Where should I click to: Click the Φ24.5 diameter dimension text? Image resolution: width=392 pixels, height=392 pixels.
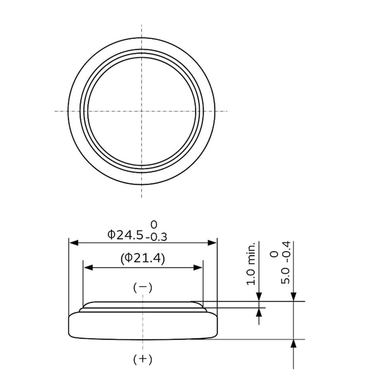[125, 235]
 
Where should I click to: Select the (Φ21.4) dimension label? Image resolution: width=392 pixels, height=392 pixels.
[143, 258]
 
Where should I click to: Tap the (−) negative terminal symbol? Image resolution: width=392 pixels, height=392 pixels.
[143, 287]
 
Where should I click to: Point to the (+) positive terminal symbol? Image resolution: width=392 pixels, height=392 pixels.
[143, 359]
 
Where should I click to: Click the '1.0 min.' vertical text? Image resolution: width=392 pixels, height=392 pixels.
[251, 264]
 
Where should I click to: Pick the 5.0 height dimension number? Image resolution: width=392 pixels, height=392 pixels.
[285, 276]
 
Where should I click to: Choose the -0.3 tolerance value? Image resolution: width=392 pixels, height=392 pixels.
[156, 237]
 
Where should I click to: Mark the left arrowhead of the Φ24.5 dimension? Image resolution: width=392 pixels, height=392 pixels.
[74, 243]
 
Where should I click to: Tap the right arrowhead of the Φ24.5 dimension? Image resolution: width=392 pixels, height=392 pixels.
[212, 243]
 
